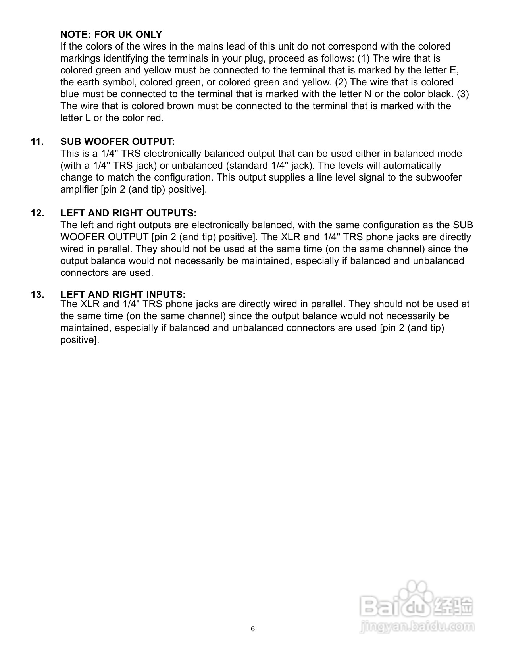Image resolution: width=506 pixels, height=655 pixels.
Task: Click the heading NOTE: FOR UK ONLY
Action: (111, 35)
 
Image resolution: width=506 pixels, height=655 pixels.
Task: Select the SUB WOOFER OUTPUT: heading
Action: (117, 142)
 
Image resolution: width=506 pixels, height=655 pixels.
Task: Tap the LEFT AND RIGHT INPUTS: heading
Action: (123, 294)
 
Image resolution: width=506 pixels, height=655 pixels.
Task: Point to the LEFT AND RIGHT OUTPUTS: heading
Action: (128, 213)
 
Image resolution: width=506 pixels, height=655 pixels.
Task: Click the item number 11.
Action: (37, 142)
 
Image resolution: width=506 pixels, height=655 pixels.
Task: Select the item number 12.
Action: (37, 213)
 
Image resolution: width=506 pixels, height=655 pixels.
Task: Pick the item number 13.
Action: (37, 294)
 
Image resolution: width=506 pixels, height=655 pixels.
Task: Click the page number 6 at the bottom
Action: (253, 629)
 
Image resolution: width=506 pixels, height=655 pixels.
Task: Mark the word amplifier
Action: (79, 189)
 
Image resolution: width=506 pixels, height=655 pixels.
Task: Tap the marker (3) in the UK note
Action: (463, 94)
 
